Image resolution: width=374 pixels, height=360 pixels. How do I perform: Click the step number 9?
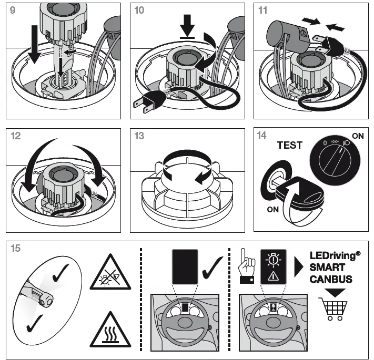pyautogui.click(x=13, y=11)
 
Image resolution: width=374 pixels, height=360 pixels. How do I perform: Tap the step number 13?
pyautogui.click(x=139, y=136)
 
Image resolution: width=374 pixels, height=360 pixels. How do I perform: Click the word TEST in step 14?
pyautogui.click(x=289, y=146)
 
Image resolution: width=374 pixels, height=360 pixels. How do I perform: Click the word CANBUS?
pyautogui.click(x=330, y=279)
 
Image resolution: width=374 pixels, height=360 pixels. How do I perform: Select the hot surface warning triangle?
pyautogui.click(x=110, y=330)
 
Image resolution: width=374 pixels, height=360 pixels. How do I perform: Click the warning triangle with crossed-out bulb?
pyautogui.click(x=110, y=273)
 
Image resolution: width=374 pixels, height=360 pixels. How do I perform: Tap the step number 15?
pyautogui.click(x=16, y=248)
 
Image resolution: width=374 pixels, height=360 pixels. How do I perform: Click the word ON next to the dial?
pyautogui.click(x=358, y=136)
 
